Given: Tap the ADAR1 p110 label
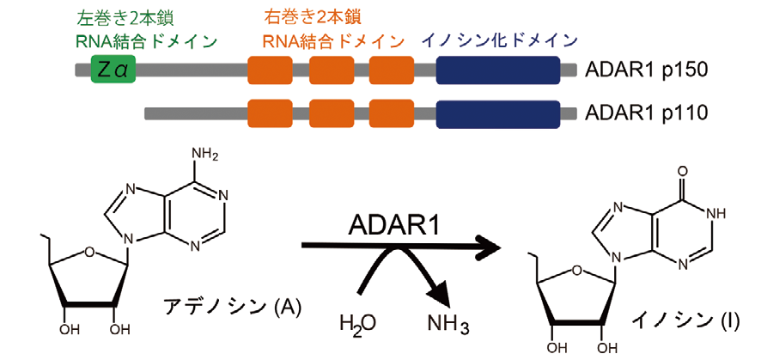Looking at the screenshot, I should click(645, 113).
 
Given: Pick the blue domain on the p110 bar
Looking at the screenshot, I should click(498, 113).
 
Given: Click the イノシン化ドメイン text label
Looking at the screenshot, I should click(499, 40).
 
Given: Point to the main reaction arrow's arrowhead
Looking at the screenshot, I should click(490, 248).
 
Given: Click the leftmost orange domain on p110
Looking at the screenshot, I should click(269, 113).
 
